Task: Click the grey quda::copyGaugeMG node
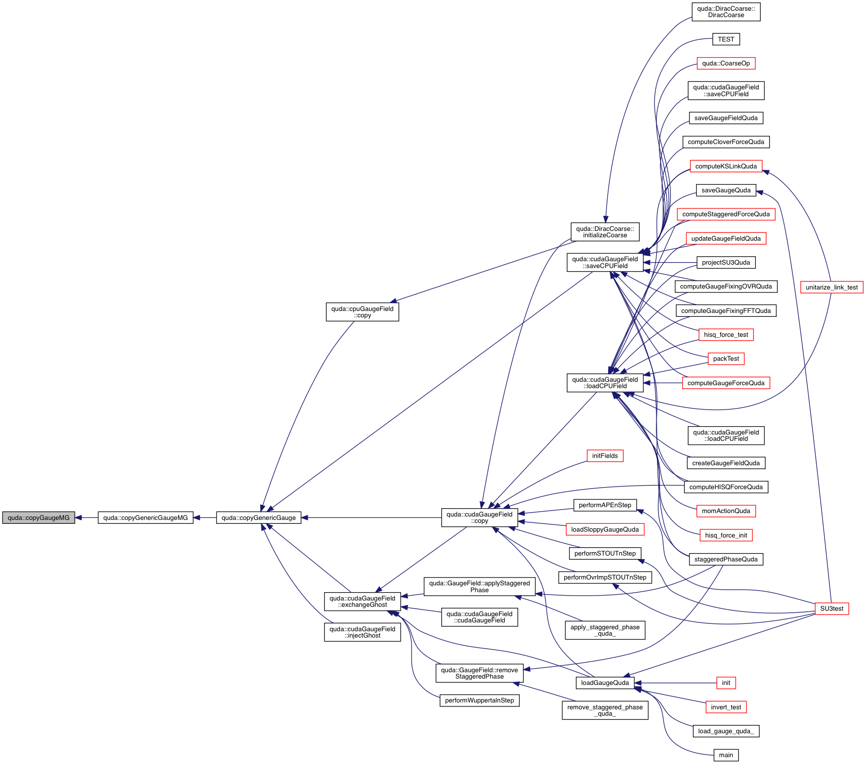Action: point(39,518)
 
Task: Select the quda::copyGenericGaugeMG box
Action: point(145,518)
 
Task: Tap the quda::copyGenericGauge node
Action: point(258,518)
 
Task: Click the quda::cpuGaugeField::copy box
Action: point(362,312)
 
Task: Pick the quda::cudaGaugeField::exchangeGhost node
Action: point(362,601)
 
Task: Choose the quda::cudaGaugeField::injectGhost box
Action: point(362,632)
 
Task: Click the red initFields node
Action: point(605,456)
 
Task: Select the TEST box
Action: point(726,40)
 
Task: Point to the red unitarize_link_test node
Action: point(831,288)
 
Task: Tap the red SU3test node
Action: point(831,609)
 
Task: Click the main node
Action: point(726,755)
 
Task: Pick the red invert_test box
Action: point(726,707)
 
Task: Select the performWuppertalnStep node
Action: point(479,701)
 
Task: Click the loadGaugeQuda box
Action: point(605,683)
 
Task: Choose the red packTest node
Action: point(726,359)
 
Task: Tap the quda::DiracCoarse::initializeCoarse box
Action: point(605,232)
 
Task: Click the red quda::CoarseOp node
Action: point(726,63)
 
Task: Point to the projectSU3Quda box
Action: point(726,263)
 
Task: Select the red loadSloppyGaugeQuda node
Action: point(605,530)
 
